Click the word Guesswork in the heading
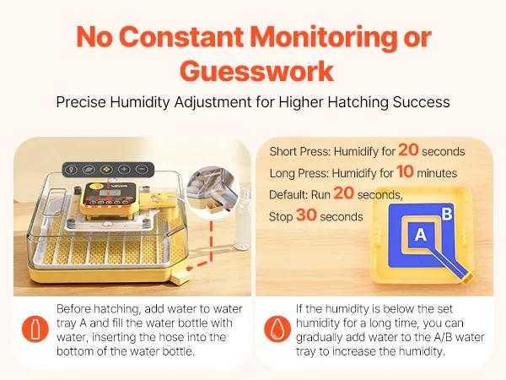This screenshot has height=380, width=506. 257,71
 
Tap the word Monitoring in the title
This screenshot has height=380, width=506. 324,37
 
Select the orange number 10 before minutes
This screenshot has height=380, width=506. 405,171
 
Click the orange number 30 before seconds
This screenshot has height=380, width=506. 306,214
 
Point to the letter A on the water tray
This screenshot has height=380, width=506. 421,235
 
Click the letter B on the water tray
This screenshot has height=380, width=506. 447,214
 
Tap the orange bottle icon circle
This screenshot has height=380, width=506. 35,329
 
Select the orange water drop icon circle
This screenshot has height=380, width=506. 277,329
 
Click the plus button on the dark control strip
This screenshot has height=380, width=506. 124,169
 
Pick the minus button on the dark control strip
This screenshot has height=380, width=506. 142,169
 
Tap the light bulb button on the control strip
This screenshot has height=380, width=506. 72,170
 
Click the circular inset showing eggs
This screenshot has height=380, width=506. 213,192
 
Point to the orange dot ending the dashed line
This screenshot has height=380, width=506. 189,269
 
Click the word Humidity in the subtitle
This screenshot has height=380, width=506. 140,102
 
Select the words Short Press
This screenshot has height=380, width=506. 299,151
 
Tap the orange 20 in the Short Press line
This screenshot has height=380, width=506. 408,150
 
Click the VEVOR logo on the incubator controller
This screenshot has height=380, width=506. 120,186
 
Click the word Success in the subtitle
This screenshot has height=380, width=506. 421,102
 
